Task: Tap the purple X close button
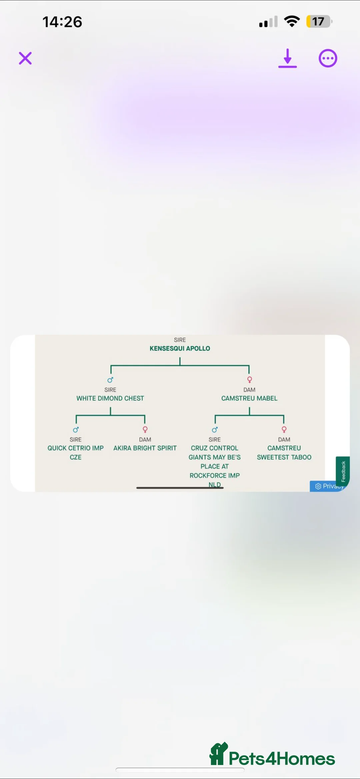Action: click(25, 58)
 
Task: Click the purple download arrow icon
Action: click(287, 58)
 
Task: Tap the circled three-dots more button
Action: click(328, 58)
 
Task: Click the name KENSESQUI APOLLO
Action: click(180, 348)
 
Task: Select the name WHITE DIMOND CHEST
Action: click(110, 398)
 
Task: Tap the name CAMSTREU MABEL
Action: click(249, 398)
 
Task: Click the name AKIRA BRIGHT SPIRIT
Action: click(145, 448)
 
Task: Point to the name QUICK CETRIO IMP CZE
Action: click(76, 452)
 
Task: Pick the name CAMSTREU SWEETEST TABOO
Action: click(284, 453)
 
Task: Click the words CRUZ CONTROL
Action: click(215, 448)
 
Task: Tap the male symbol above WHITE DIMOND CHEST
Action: click(110, 380)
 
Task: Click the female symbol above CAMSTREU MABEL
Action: click(249, 379)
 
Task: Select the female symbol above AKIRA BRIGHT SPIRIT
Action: click(145, 429)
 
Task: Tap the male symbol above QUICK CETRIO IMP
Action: click(76, 430)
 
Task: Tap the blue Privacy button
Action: click(328, 486)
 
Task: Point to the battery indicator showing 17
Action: click(319, 22)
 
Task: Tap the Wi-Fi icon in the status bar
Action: click(292, 21)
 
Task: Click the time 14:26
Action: click(62, 22)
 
